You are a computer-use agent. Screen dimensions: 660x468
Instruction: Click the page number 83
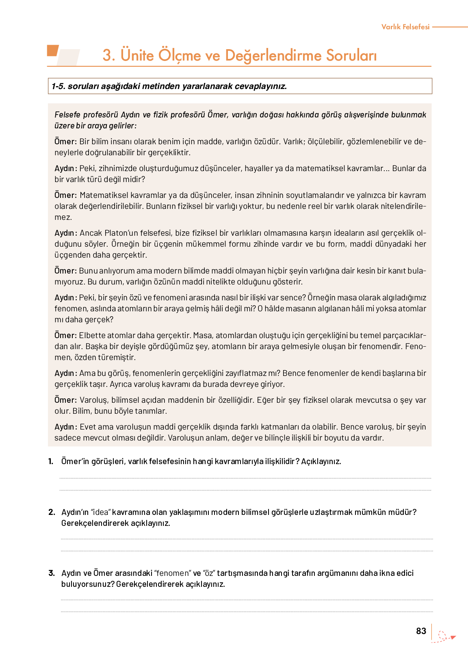click(x=421, y=631)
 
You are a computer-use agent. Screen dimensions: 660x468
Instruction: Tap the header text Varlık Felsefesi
click(x=405, y=27)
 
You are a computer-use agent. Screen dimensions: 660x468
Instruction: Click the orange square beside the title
click(x=53, y=50)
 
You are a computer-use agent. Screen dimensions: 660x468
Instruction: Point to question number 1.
click(x=51, y=461)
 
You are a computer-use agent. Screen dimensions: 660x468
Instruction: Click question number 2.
click(x=52, y=512)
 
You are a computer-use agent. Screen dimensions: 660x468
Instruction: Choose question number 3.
click(x=52, y=573)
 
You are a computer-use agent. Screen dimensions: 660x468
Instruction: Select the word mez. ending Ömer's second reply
click(x=63, y=217)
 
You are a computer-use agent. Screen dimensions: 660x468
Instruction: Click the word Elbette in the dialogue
click(x=91, y=336)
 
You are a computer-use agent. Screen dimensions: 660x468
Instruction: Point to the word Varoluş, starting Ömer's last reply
click(x=94, y=400)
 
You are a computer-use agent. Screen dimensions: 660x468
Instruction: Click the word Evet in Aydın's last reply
click(x=88, y=427)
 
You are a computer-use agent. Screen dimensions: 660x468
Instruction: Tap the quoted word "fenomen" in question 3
click(x=172, y=573)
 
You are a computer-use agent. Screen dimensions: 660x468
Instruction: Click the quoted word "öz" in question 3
click(x=209, y=573)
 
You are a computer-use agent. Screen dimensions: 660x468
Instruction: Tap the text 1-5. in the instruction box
click(x=58, y=86)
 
